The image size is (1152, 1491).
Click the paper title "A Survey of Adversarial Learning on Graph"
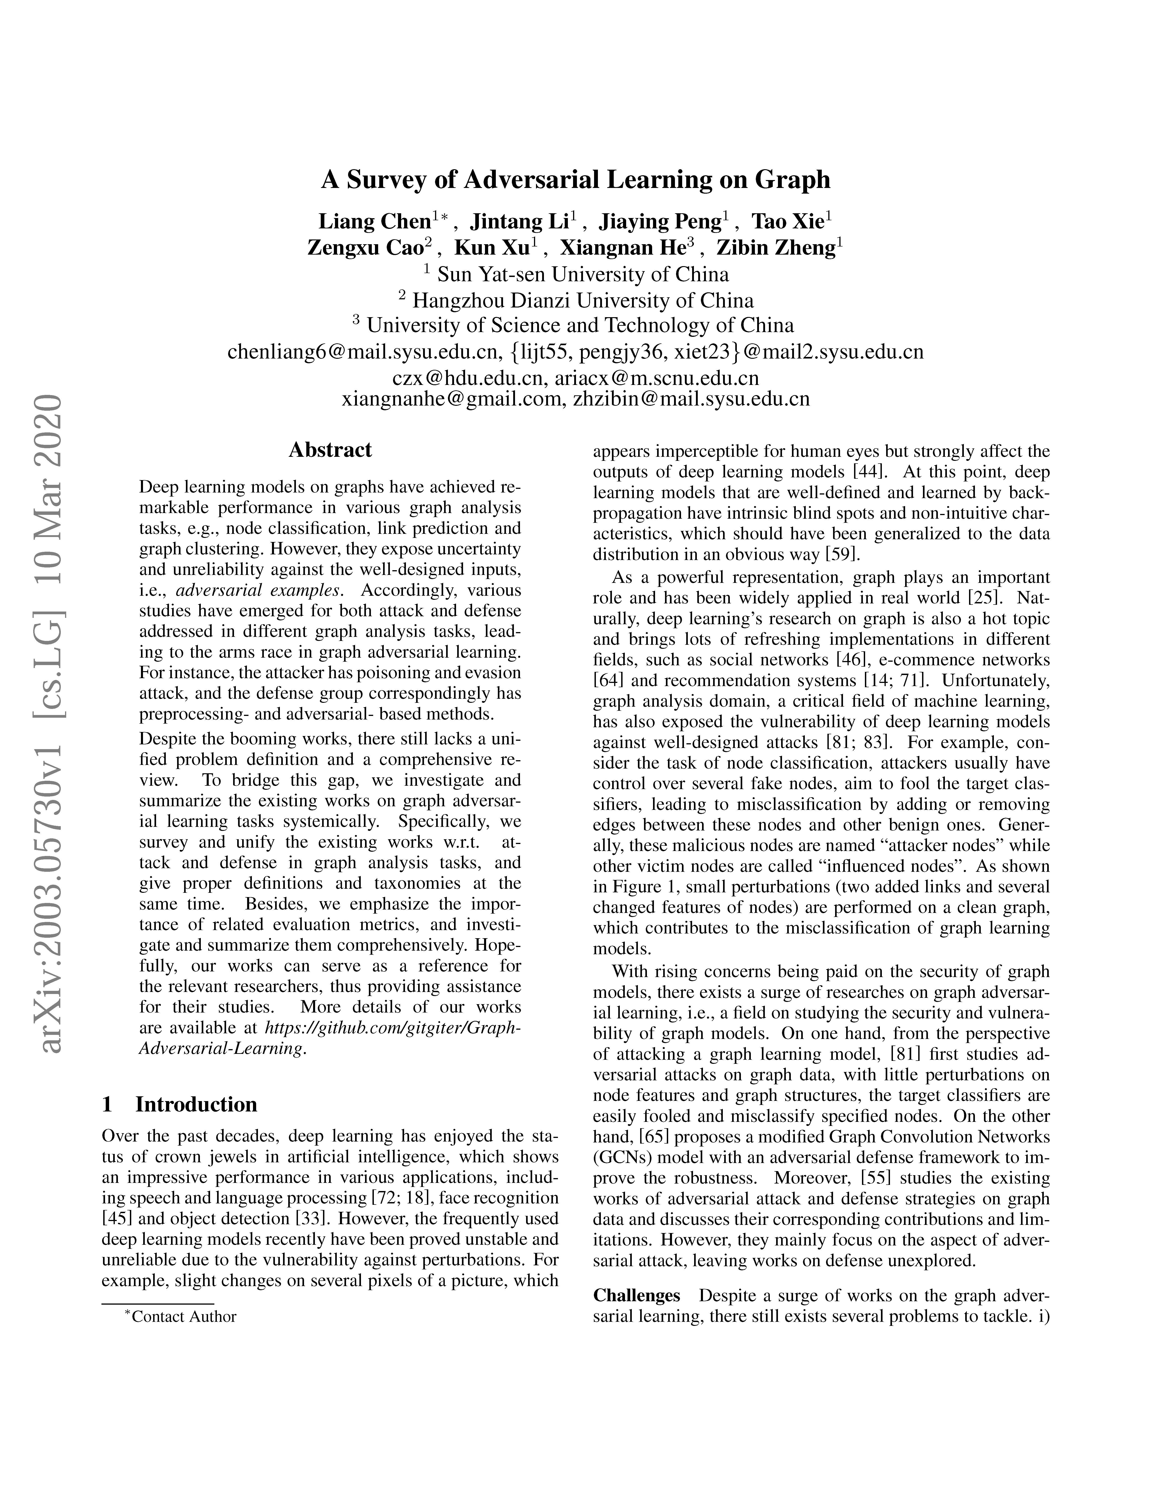(x=576, y=180)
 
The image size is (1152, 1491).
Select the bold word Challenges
(x=636, y=1296)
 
